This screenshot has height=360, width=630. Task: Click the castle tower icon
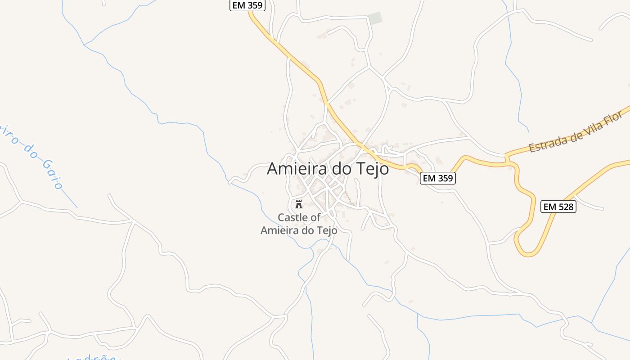click(298, 204)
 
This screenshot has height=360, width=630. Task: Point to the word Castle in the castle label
click(294, 217)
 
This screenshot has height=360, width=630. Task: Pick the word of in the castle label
click(316, 217)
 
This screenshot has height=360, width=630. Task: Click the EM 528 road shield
click(558, 207)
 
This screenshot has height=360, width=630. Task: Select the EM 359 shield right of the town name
click(438, 178)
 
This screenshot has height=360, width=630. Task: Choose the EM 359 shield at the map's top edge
click(247, 5)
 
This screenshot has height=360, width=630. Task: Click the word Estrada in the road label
click(546, 143)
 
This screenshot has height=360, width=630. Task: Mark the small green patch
click(375, 18)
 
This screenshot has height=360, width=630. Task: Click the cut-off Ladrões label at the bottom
click(94, 358)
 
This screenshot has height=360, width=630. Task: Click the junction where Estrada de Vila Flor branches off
click(507, 157)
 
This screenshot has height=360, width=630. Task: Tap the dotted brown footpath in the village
click(349, 198)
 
